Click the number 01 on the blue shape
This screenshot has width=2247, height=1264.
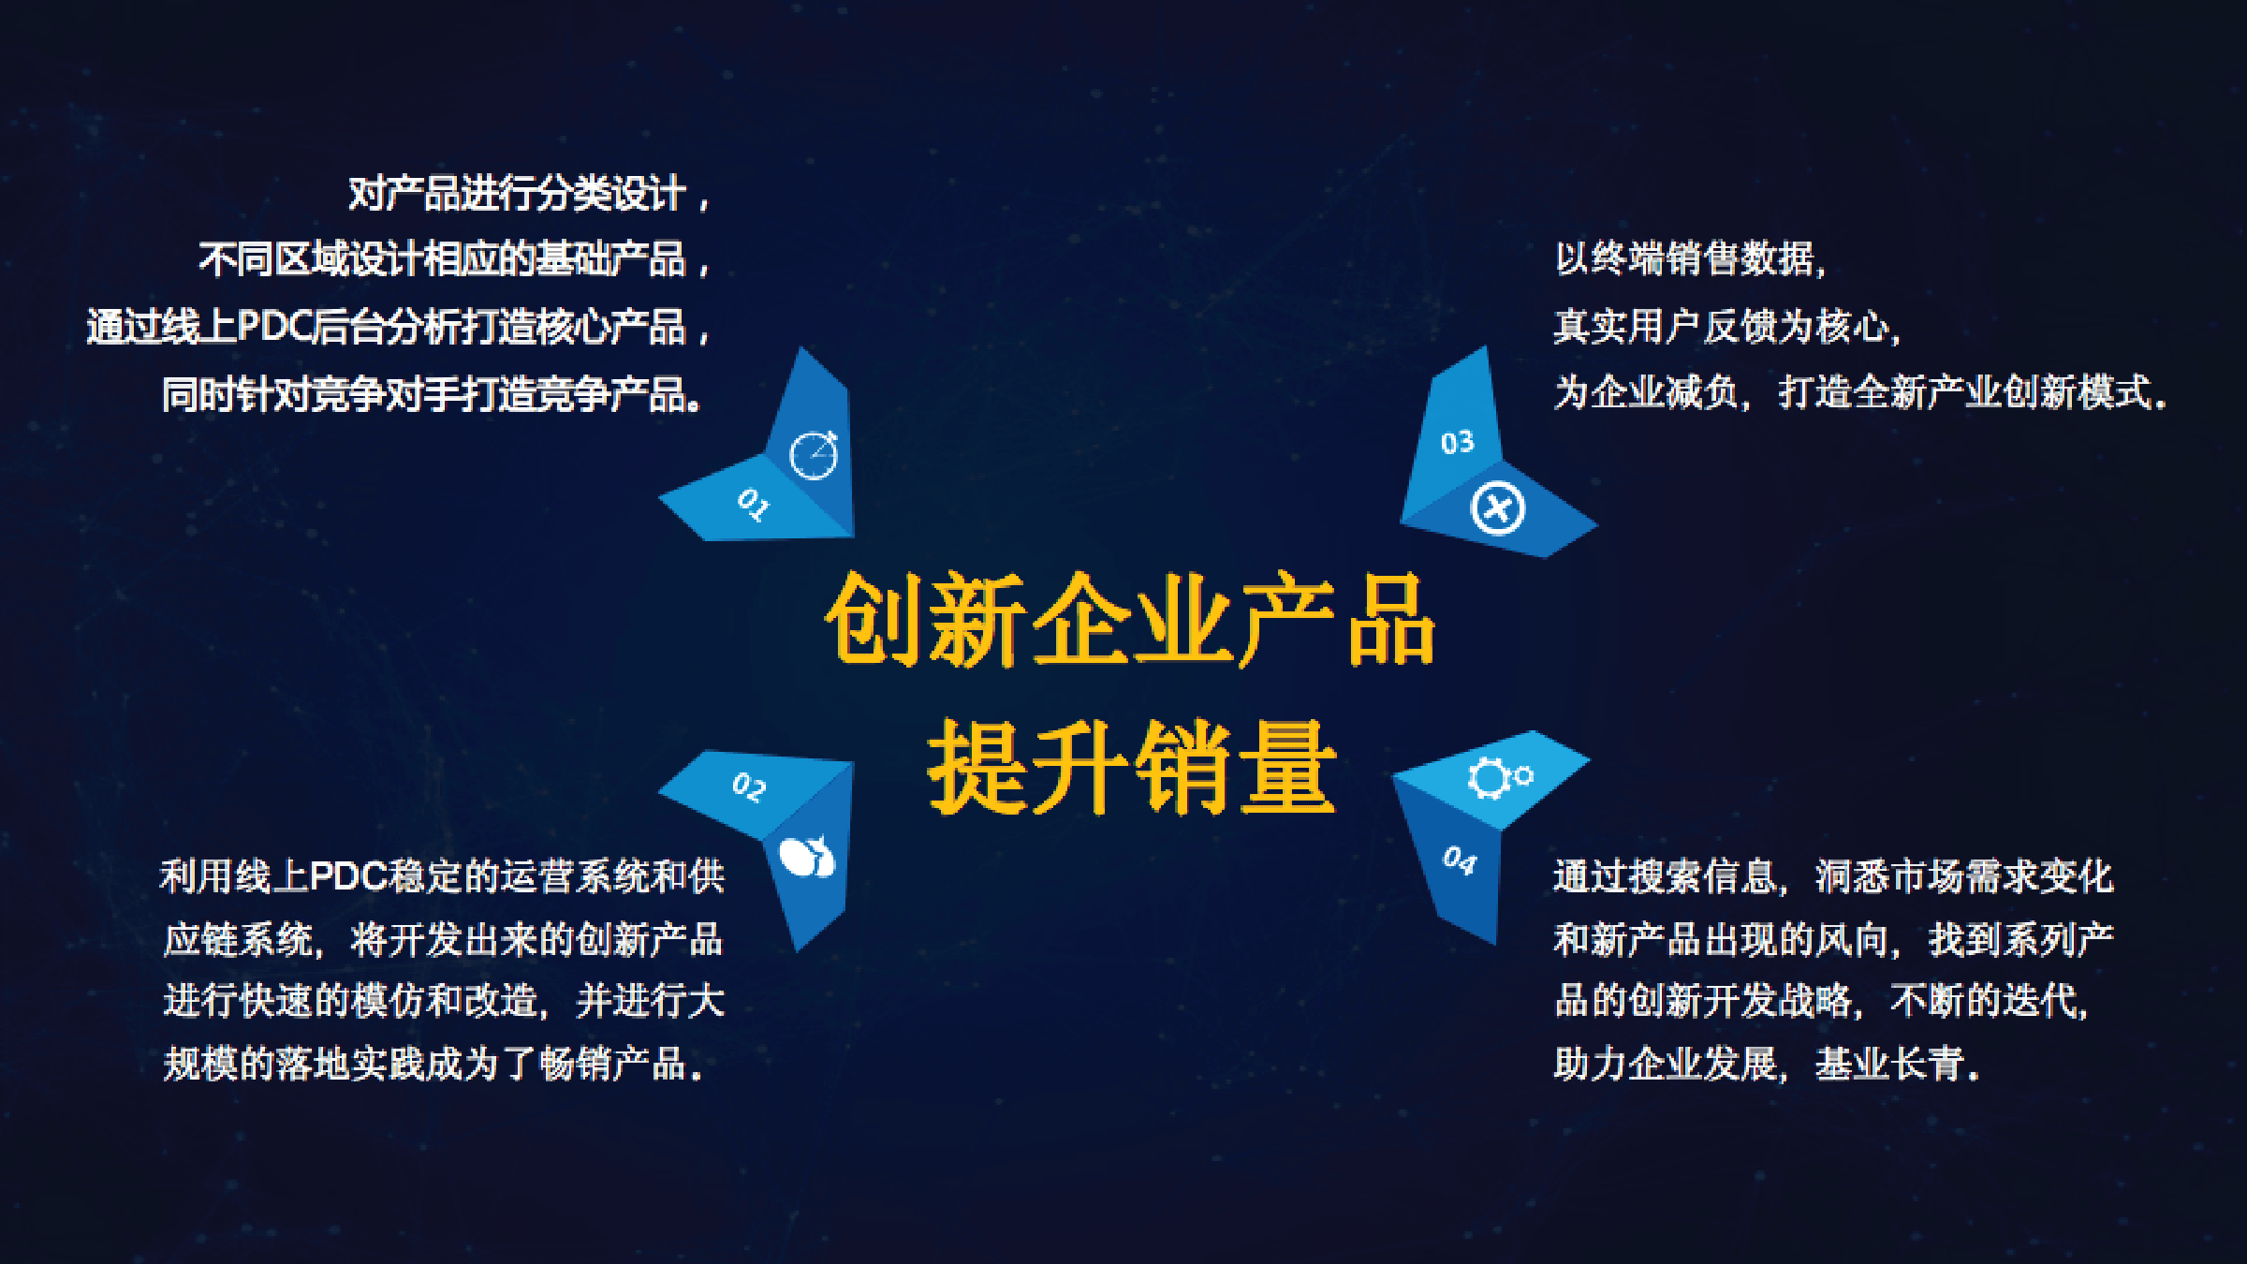point(753,504)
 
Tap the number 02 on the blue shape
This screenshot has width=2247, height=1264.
point(749,786)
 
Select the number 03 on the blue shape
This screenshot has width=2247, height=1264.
point(1457,442)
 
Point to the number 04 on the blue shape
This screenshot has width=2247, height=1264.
point(1459,860)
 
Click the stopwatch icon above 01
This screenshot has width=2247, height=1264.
point(814,455)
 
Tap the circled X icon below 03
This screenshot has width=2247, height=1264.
point(1498,508)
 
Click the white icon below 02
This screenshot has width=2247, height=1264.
point(807,856)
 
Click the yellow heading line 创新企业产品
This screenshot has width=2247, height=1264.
point(1130,620)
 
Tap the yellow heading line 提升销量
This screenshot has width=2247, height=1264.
point(1131,766)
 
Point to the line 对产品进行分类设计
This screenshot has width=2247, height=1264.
point(529,195)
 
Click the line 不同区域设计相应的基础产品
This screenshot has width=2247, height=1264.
point(454,259)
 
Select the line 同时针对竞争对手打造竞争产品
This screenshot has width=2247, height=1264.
point(432,394)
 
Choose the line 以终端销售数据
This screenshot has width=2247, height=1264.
point(1691,258)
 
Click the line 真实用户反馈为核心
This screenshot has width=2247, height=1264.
point(1727,327)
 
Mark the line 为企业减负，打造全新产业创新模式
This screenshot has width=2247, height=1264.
point(1861,392)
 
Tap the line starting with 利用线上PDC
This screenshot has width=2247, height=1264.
point(443,876)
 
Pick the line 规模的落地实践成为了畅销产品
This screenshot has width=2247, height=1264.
point(433,1064)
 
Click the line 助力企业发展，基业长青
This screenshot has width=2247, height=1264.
point(1767,1064)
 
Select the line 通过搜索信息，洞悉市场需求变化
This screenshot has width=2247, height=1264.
point(1833,876)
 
